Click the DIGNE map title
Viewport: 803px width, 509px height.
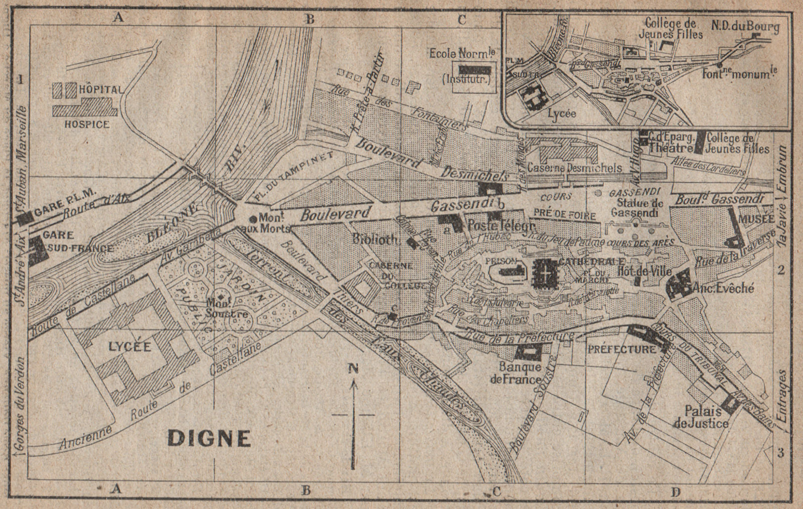[x=209, y=438]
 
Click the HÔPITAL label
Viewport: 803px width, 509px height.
[x=99, y=90]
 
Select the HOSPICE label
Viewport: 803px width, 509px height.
[x=86, y=123]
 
